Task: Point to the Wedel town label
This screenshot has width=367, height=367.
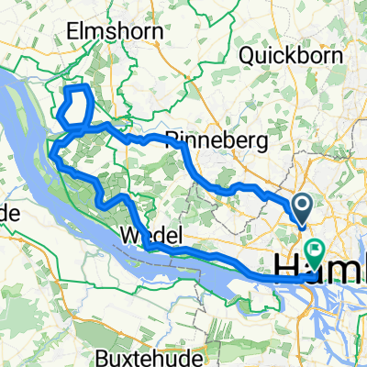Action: [143, 236]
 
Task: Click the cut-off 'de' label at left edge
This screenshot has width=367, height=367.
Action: [9, 212]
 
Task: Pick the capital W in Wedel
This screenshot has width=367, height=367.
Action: [124, 236]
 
